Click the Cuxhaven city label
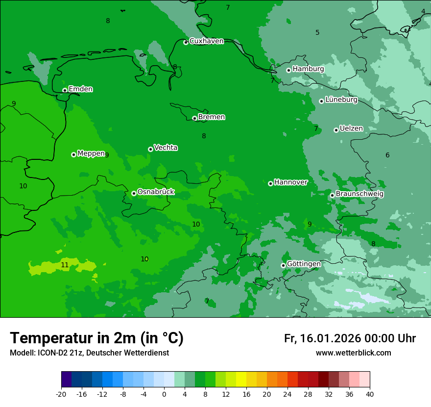[206, 41]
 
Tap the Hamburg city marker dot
[289, 70]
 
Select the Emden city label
[80, 89]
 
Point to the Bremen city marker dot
[194, 118]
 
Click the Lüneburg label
[341, 100]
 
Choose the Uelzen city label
[351, 128]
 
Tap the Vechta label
[166, 148]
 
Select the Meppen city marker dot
[73, 154]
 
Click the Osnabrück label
[156, 192]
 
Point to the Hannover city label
[290, 182]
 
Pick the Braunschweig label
[359, 194]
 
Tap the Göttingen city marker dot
[283, 265]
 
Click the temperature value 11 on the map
[65, 265]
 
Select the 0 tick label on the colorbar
[164, 394]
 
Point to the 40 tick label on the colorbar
[369, 394]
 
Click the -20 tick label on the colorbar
[61, 394]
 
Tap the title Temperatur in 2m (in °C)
[96, 338]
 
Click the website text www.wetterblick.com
[353, 353]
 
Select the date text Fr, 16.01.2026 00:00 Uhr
[350, 338]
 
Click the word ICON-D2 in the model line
[52, 353]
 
